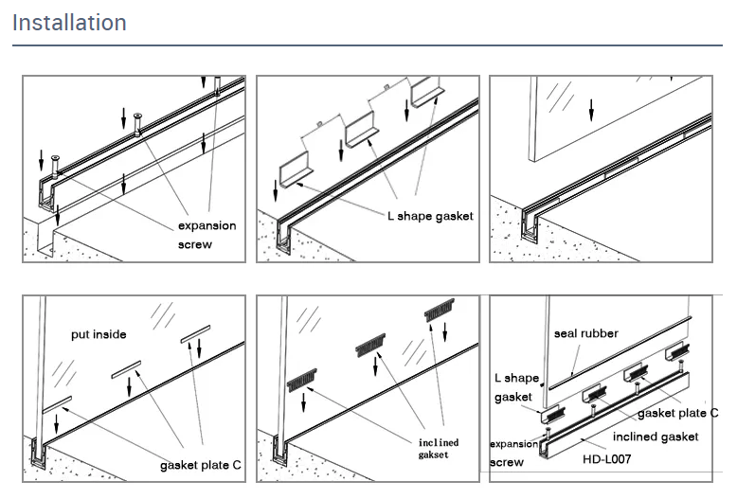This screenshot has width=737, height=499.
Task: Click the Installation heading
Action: click(x=69, y=23)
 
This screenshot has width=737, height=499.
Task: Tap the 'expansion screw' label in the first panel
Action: click(x=207, y=235)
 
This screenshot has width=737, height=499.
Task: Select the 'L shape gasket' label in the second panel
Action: click(x=428, y=216)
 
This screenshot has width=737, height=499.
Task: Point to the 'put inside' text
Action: click(x=99, y=334)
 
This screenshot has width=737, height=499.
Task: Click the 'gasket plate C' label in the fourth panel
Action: click(x=200, y=465)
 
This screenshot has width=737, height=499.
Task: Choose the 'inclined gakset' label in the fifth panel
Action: click(x=438, y=448)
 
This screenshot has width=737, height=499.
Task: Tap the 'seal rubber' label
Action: click(x=585, y=334)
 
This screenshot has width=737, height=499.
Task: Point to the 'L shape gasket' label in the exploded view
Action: click(x=516, y=387)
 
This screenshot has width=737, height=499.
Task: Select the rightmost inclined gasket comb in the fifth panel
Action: click(x=440, y=310)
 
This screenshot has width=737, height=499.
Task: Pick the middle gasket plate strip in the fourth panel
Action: click(x=128, y=369)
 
